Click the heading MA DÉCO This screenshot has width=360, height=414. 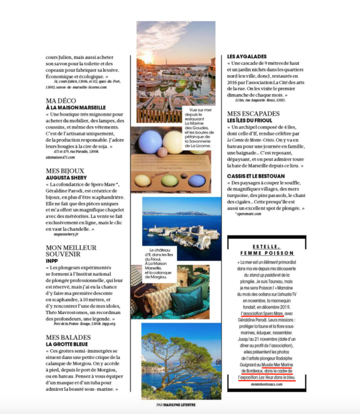[61, 101]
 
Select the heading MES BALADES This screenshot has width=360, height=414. [68, 337]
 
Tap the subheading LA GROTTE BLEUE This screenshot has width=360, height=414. [67, 344]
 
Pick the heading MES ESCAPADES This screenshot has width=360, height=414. [253, 114]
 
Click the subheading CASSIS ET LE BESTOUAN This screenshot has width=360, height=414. [256, 176]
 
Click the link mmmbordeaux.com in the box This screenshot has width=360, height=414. [267, 384]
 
